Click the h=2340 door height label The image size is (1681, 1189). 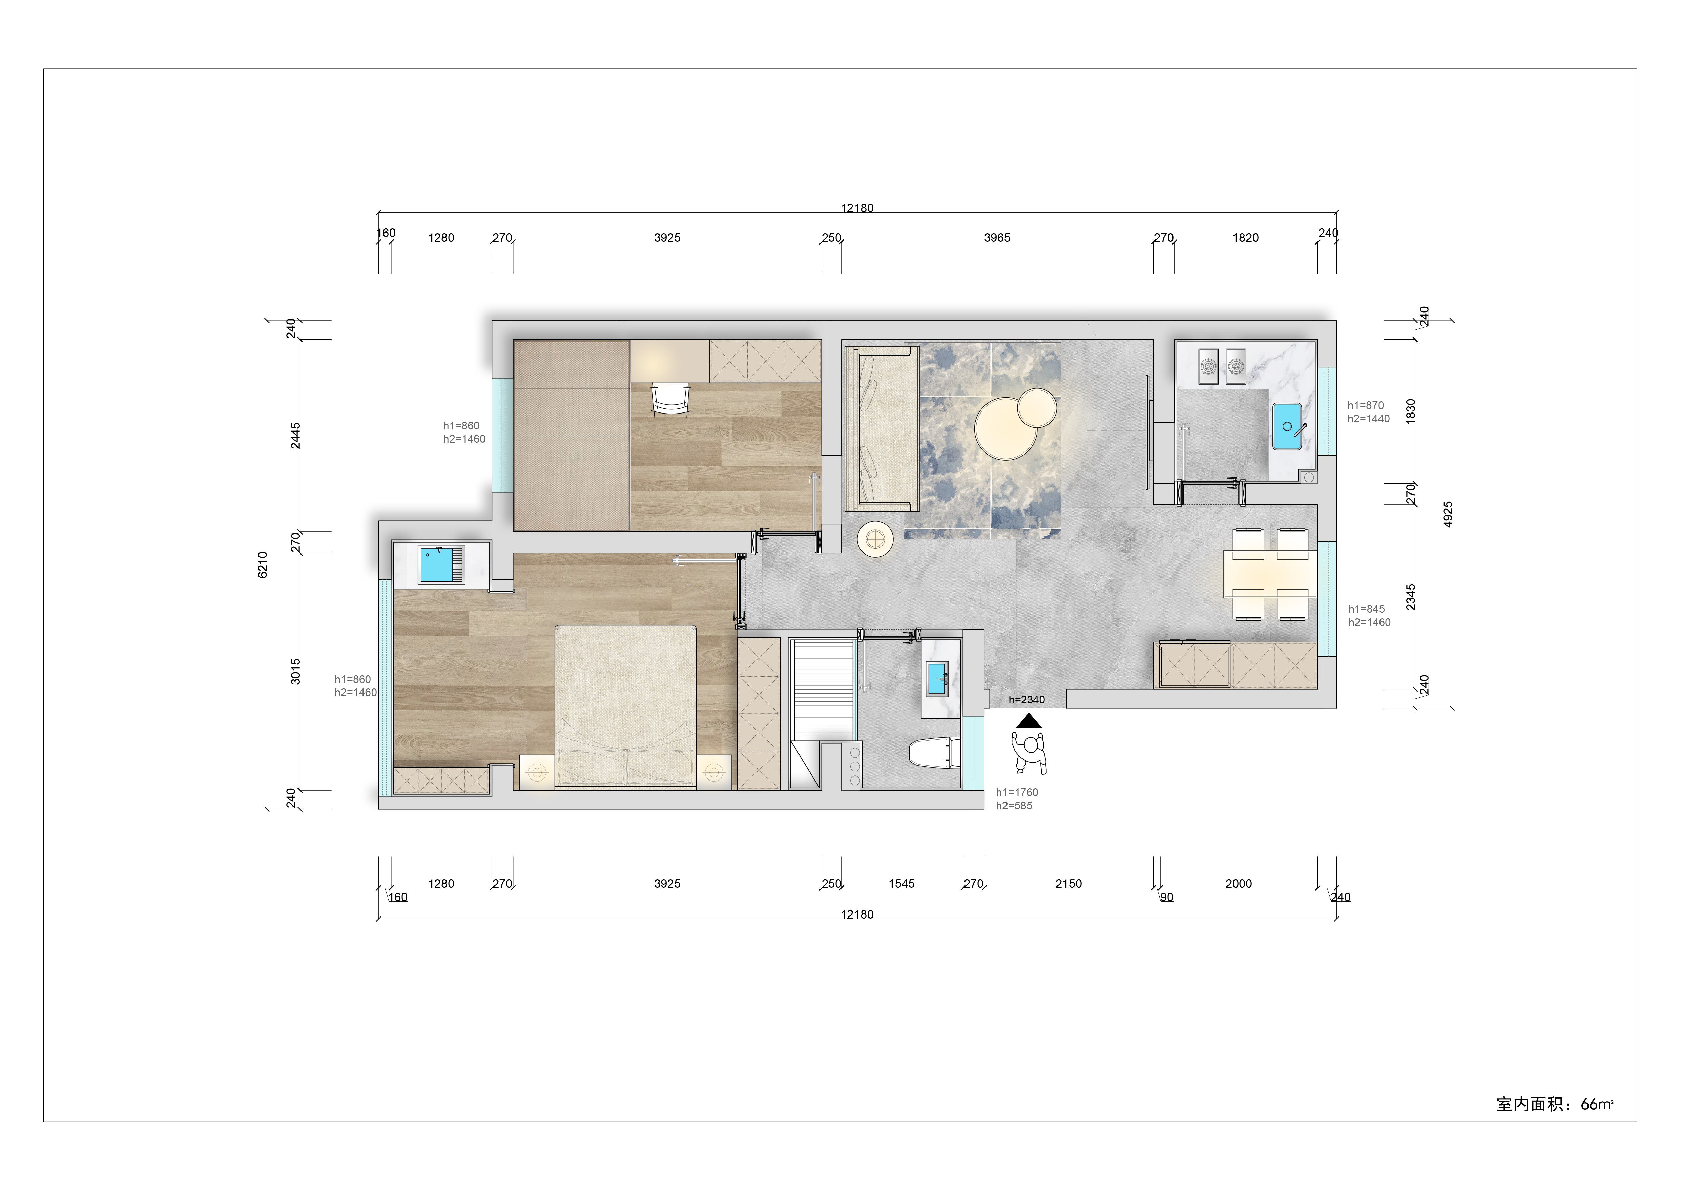[x=1026, y=700]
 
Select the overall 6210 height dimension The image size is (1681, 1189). [x=263, y=565]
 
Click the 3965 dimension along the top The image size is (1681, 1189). [x=997, y=237]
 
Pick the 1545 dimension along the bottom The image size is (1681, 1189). [x=901, y=884]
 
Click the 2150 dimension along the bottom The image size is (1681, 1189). [x=1068, y=884]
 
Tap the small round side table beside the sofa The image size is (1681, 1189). [x=875, y=540]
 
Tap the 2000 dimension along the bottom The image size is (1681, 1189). [x=1239, y=884]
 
